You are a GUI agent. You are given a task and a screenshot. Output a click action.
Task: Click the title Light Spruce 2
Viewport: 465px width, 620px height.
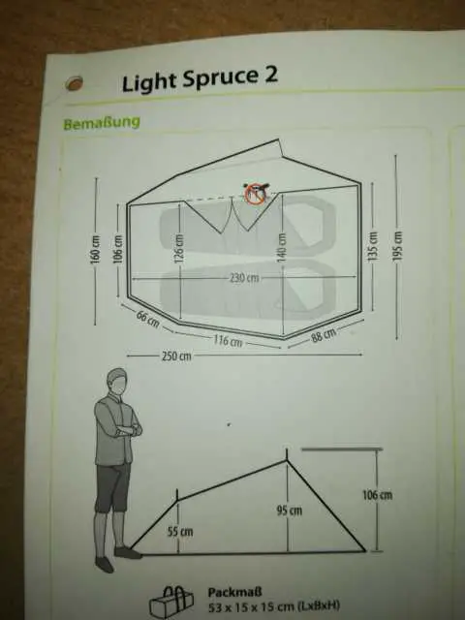click(x=200, y=78)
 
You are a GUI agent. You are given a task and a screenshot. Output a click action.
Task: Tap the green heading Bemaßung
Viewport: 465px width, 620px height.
click(x=102, y=123)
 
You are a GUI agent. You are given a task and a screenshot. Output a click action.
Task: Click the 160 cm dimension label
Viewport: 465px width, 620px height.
click(x=95, y=252)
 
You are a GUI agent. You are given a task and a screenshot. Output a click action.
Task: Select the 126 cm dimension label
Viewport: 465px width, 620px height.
click(x=179, y=248)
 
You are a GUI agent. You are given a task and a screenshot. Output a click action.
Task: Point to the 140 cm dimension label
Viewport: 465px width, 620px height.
click(x=281, y=246)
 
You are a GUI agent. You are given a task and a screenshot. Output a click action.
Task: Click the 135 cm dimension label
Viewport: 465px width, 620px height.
click(x=372, y=245)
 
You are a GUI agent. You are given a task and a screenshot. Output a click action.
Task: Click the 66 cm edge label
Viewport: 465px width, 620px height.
click(x=148, y=319)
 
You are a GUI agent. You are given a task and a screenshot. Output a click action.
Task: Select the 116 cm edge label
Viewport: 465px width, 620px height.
click(x=229, y=340)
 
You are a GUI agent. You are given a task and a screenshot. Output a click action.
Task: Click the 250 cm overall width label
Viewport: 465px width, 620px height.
click(x=176, y=356)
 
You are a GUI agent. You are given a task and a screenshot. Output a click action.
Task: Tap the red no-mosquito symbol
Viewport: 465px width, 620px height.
click(x=254, y=194)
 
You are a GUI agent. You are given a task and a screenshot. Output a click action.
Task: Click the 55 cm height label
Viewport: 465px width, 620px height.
click(x=180, y=532)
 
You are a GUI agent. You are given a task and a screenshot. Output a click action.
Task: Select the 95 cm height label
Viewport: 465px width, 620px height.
click(x=290, y=511)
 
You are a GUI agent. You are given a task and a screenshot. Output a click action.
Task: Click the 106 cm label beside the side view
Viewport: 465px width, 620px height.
click(x=378, y=495)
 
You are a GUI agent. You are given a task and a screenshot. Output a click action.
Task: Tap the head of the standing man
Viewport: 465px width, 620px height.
click(x=117, y=382)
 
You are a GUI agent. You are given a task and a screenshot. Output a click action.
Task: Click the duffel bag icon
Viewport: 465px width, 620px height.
click(x=171, y=602)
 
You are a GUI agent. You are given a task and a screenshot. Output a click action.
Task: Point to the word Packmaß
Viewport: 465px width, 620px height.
click(x=234, y=592)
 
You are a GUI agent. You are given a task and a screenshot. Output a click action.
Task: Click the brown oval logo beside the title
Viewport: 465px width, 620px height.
click(x=74, y=83)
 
